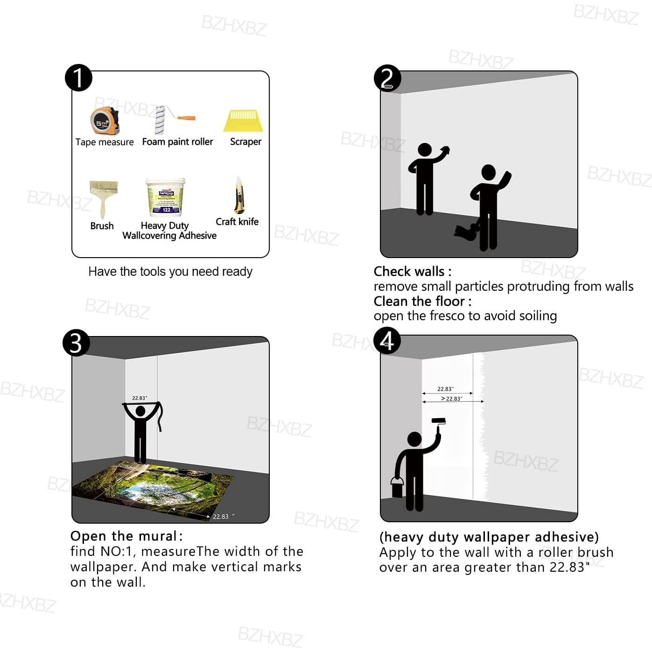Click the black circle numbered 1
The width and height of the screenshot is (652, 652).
click(78, 78)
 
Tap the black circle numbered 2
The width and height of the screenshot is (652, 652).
click(387, 78)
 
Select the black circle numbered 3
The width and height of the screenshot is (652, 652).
click(76, 343)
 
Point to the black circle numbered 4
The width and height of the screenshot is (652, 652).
click(387, 341)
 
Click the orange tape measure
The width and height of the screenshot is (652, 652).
click(105, 121)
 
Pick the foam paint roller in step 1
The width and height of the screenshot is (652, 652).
click(173, 119)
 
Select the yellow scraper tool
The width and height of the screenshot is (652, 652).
click(243, 120)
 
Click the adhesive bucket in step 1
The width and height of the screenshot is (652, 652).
click(166, 197)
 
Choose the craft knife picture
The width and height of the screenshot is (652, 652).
click(239, 195)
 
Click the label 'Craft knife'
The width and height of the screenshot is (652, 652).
click(237, 222)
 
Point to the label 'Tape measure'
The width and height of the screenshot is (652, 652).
click(105, 142)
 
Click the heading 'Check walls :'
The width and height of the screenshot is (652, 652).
click(413, 271)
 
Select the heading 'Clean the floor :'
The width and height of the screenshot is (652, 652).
click(422, 301)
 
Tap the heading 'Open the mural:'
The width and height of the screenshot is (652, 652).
click(126, 536)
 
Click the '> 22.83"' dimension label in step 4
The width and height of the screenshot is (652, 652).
click(452, 399)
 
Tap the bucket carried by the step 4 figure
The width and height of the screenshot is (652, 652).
click(397, 487)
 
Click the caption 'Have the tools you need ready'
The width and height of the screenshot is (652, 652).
click(170, 271)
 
